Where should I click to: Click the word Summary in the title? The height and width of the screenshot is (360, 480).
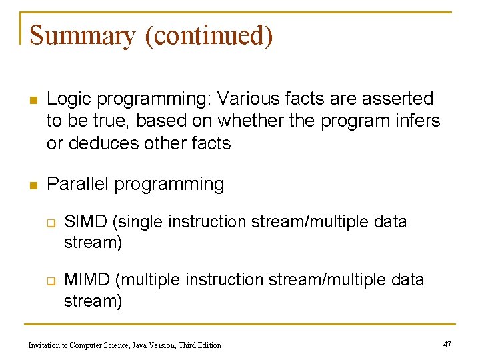coord(82,35)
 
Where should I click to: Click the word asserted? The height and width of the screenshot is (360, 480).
coord(397,99)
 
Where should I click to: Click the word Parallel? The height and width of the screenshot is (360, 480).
coord(78,184)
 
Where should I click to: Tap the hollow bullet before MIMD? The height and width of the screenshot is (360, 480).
coord(50,281)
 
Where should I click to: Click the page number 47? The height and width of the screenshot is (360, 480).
coord(447,344)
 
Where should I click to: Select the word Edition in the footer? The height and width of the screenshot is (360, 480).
coord(207,345)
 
